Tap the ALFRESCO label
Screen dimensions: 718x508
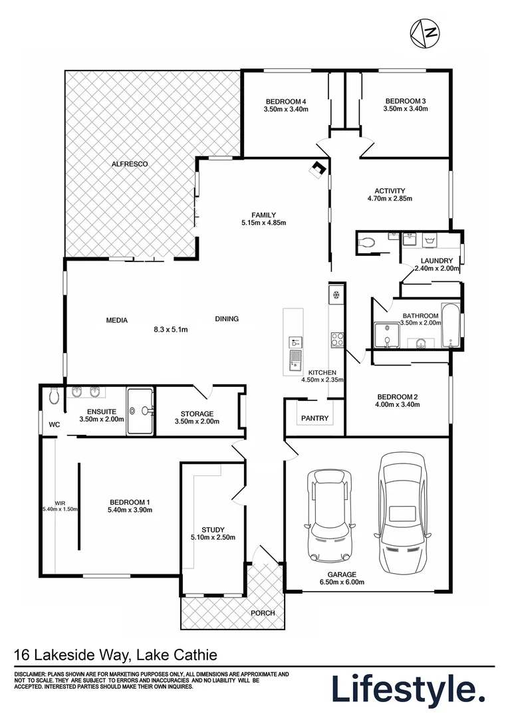[129, 164]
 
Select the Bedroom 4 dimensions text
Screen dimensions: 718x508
[286, 110]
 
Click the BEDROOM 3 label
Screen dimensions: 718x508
[405, 101]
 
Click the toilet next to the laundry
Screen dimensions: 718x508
[367, 243]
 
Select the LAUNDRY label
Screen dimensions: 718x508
[437, 261]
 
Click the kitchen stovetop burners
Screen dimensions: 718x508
[336, 339]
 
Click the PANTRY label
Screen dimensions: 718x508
[315, 418]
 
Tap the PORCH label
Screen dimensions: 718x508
[263, 613]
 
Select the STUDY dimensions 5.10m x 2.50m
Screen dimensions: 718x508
[213, 538]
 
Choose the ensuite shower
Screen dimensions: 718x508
[140, 411]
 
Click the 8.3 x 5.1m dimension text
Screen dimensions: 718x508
[171, 328]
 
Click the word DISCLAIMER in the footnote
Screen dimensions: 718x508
[31, 674]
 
